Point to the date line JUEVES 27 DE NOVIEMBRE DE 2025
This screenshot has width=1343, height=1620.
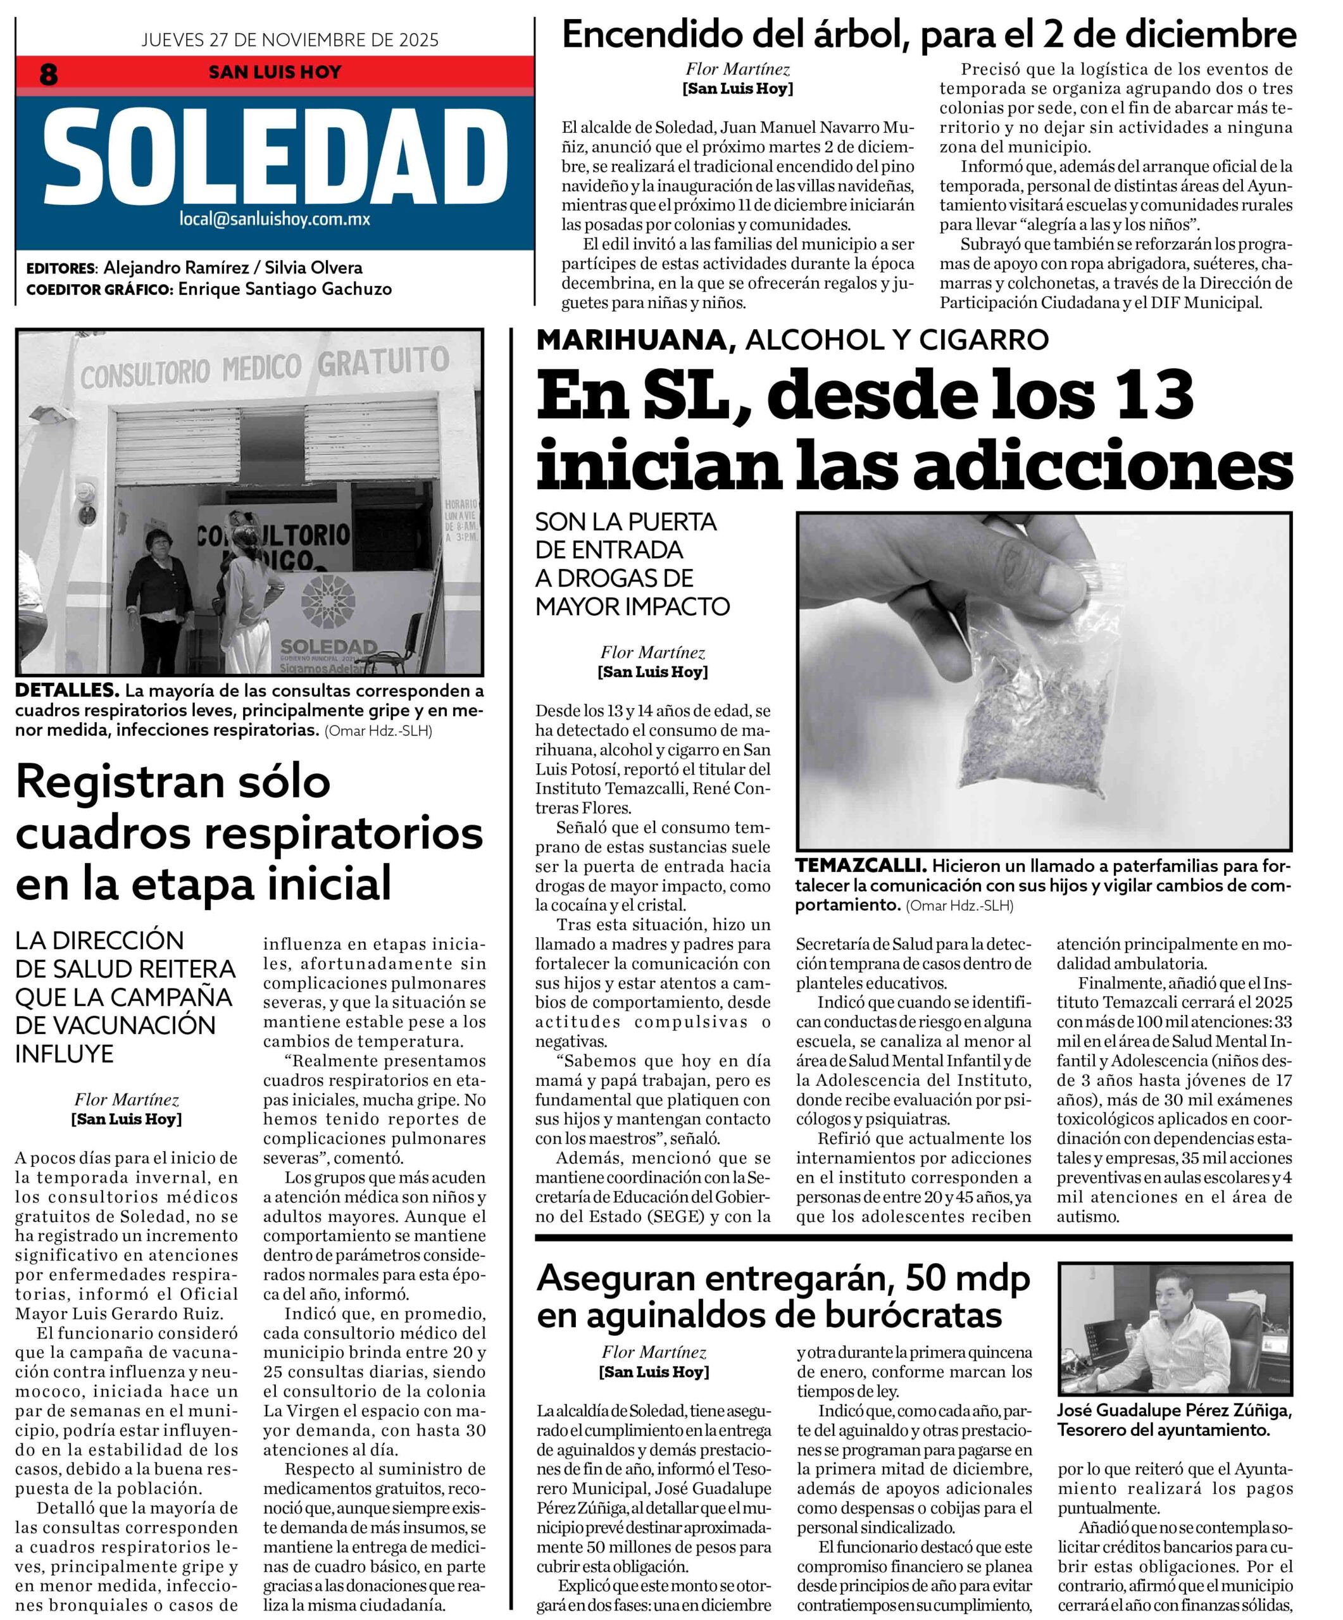click(x=289, y=40)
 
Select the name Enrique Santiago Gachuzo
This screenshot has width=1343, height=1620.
click(x=285, y=289)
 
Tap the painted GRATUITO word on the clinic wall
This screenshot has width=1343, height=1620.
click(x=384, y=362)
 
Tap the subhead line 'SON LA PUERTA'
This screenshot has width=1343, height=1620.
click(x=625, y=522)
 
